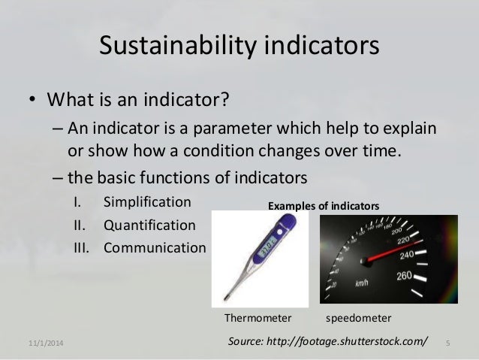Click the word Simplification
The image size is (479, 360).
pos(147,202)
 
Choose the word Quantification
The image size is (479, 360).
pos(149,225)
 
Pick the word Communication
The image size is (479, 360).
pos(154,247)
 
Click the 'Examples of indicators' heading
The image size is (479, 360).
pos(324,206)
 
